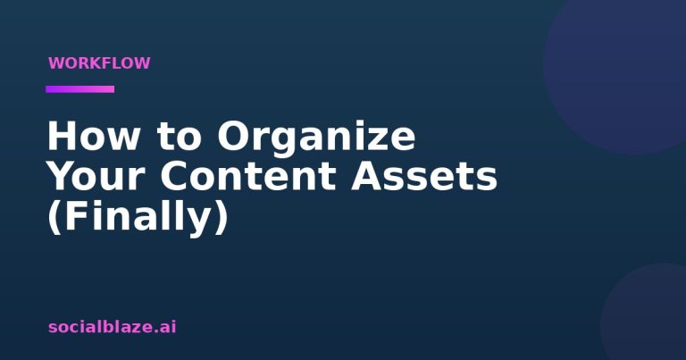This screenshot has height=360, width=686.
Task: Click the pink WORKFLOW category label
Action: (99, 63)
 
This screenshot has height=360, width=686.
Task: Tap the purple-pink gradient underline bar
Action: (80, 89)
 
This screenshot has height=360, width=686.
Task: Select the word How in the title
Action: (94, 136)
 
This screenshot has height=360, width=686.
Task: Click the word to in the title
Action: (180, 137)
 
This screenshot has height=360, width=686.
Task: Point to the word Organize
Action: (316, 139)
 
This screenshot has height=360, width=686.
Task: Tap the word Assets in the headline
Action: (424, 176)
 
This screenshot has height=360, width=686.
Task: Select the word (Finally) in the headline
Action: (138, 217)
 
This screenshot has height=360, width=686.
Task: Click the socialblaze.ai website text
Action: (113, 327)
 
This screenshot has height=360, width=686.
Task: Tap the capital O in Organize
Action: (234, 136)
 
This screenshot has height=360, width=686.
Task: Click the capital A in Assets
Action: (368, 176)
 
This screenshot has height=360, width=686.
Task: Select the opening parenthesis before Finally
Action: (54, 217)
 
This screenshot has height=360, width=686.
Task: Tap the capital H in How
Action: (62, 136)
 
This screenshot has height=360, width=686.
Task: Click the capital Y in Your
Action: (62, 176)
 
